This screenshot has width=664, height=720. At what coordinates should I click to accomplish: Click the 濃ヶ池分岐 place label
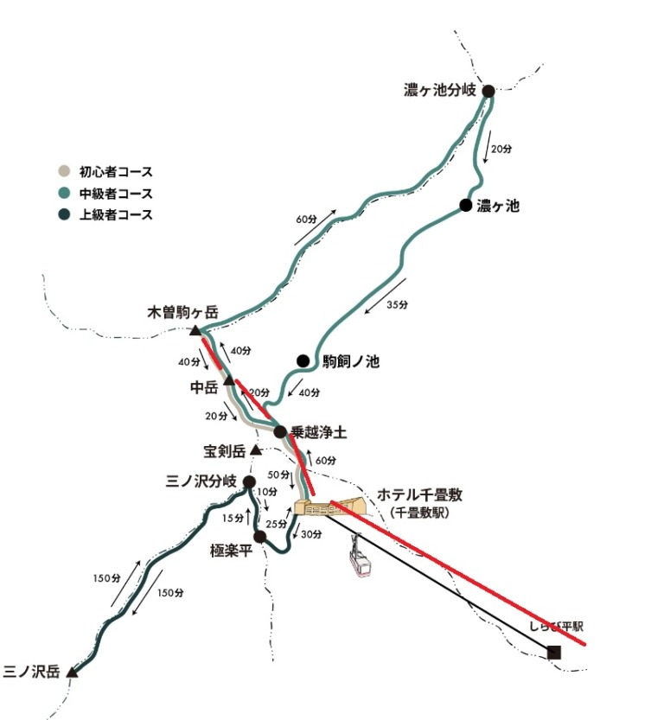440,90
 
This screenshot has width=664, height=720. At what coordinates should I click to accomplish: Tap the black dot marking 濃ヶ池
466,205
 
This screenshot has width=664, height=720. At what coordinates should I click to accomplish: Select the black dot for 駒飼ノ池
303,360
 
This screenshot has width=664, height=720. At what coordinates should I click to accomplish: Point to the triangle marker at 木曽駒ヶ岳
196,331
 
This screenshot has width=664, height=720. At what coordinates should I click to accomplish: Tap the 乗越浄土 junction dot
280,431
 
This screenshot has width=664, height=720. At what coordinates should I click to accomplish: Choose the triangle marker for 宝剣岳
256,450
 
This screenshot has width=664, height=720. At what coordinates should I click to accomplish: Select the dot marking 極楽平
259,537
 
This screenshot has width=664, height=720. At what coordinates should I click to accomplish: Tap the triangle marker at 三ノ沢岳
73,671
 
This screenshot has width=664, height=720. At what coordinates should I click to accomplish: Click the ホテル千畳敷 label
420,495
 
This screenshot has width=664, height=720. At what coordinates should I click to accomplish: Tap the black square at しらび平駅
554,653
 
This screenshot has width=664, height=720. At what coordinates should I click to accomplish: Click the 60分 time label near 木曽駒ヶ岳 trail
306,219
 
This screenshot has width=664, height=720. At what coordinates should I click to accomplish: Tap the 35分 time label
399,304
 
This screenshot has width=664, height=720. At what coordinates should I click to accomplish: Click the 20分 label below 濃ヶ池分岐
501,149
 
